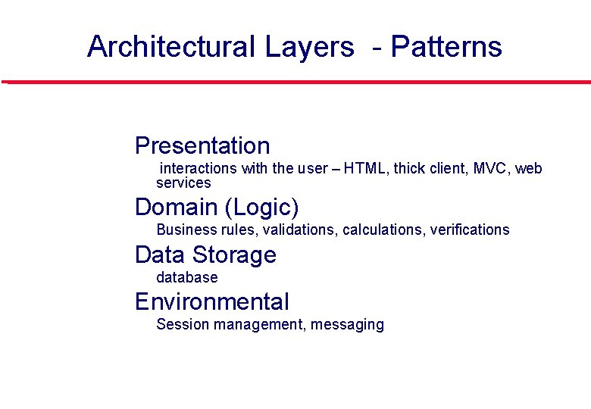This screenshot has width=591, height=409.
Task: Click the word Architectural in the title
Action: click(172, 47)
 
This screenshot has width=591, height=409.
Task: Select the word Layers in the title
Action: click(309, 47)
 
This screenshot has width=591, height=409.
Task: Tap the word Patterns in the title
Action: click(446, 47)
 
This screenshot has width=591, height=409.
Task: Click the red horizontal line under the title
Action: click(295, 82)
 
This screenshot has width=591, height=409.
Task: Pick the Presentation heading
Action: click(202, 145)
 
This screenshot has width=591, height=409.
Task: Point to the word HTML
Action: click(364, 168)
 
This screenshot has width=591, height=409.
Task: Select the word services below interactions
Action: click(183, 183)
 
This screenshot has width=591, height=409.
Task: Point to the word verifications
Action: click(470, 229)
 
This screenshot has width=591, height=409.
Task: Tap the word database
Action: click(186, 277)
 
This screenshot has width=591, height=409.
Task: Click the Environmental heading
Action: click(212, 301)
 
